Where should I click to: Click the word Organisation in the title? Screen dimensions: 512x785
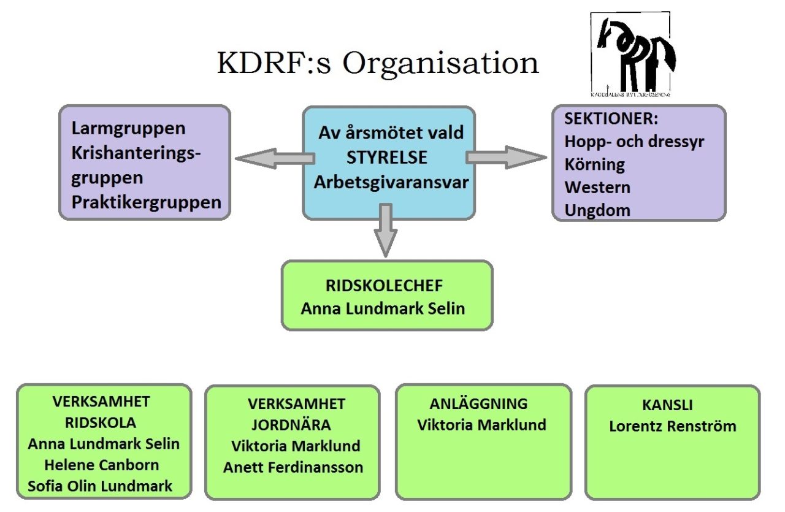coord(440,64)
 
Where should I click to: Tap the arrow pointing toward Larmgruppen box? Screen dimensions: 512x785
coord(274,159)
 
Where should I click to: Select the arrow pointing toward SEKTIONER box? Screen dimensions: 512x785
coord(506,157)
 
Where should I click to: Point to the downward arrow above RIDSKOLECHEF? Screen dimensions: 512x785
coord(385,230)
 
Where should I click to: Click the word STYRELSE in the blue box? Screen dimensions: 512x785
coord(387,157)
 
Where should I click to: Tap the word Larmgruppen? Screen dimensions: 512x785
coord(128,129)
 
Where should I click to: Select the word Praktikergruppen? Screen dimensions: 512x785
coord(147,202)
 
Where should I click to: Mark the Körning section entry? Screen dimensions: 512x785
coord(595,164)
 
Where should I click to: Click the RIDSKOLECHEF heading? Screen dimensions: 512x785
coord(384,286)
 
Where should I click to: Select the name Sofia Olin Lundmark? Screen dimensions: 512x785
coord(100,486)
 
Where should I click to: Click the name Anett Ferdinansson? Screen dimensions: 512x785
coord(293,467)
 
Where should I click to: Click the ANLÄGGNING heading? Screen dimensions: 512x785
coord(478,403)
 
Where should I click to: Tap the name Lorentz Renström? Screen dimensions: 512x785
coord(672,426)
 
